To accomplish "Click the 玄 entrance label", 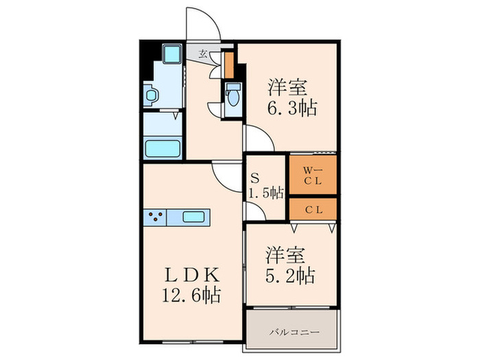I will [x=203, y=53].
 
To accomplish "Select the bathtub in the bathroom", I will [x=163, y=148].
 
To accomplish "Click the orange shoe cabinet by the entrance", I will [x=228, y=64].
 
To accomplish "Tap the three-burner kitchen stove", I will [x=155, y=218].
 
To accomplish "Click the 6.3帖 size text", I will [x=291, y=108].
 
